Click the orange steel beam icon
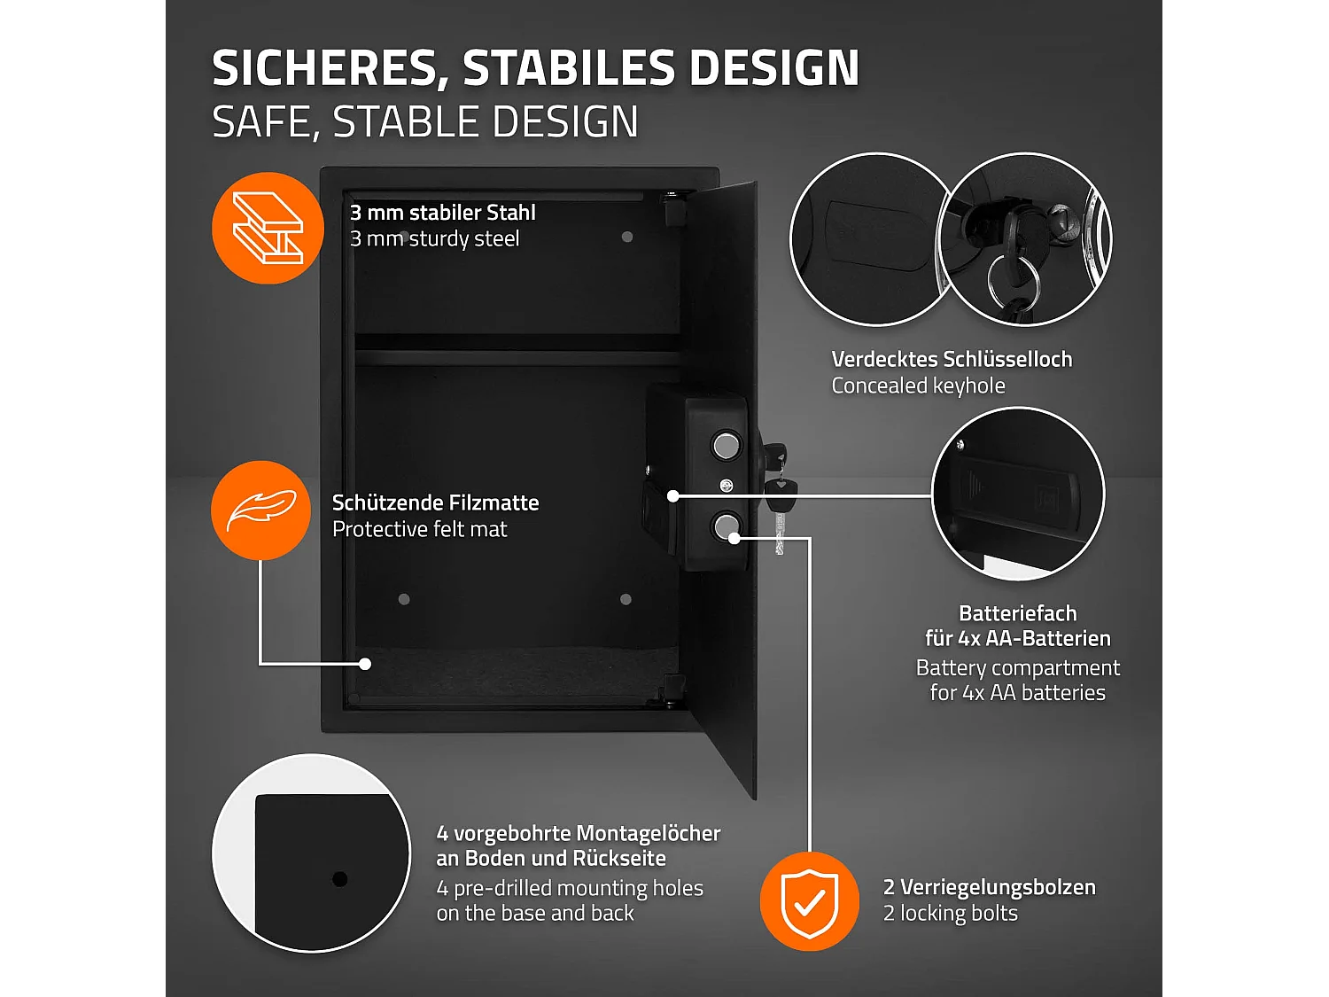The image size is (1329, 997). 268,229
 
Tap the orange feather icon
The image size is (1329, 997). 261,510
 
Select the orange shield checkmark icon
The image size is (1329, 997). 810,901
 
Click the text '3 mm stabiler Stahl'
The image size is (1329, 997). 442,213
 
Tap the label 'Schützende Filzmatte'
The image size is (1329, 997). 435,502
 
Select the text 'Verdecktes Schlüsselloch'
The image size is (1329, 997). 952,359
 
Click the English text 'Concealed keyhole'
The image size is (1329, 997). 918,386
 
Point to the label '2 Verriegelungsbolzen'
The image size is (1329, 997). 989,887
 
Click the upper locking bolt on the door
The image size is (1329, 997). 727,444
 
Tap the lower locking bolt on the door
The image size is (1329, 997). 726,527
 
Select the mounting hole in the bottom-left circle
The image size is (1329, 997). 339,879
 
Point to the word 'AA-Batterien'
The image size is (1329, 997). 1049,638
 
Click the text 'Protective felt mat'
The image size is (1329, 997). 419,529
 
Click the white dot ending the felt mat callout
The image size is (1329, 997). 365,663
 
